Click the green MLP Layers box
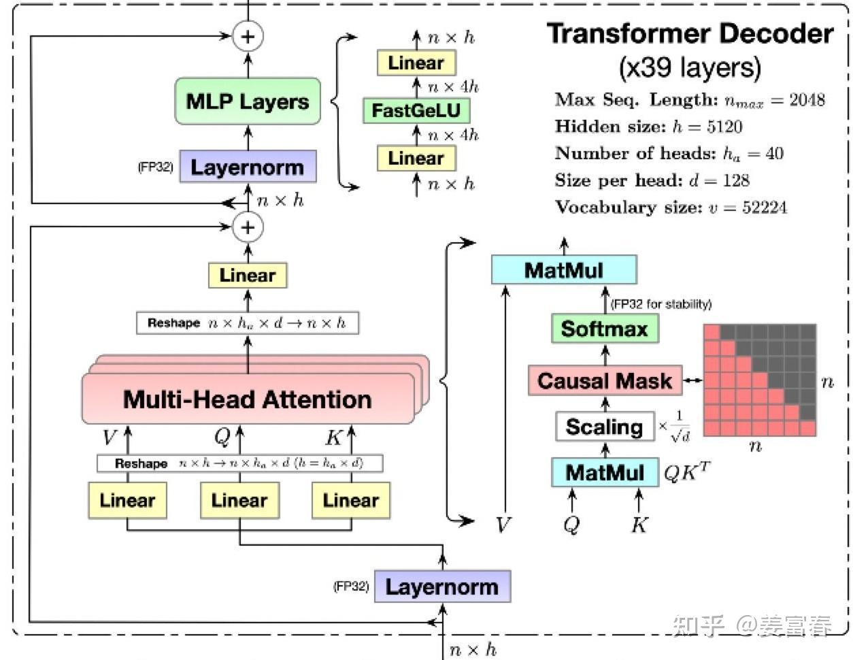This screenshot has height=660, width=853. coord(248,101)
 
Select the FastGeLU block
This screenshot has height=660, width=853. coord(416,110)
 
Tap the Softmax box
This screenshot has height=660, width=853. coord(604,329)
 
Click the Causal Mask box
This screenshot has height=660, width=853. coord(604,381)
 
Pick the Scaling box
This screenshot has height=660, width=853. coord(604,427)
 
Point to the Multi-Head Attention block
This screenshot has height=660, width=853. coord(248,399)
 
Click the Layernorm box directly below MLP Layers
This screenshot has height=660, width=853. coord(248,167)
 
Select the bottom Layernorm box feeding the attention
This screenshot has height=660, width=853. coord(442,587)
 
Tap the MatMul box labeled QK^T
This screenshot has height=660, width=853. coord(604,472)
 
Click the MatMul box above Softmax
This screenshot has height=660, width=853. coord(564,270)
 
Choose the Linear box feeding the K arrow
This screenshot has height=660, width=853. coord(350,501)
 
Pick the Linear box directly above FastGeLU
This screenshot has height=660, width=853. coord(416,63)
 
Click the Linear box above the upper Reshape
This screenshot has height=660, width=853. coord(248,276)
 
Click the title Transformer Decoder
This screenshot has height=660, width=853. coord(690,34)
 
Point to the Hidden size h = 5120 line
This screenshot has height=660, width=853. coord(648,127)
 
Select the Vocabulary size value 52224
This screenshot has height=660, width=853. coord(764,208)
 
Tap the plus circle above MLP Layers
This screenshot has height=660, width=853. coord(248,36)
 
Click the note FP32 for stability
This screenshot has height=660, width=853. coord(661,304)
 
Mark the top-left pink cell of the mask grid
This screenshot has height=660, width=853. coord(712,332)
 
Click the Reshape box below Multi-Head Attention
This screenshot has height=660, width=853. coord(239,463)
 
